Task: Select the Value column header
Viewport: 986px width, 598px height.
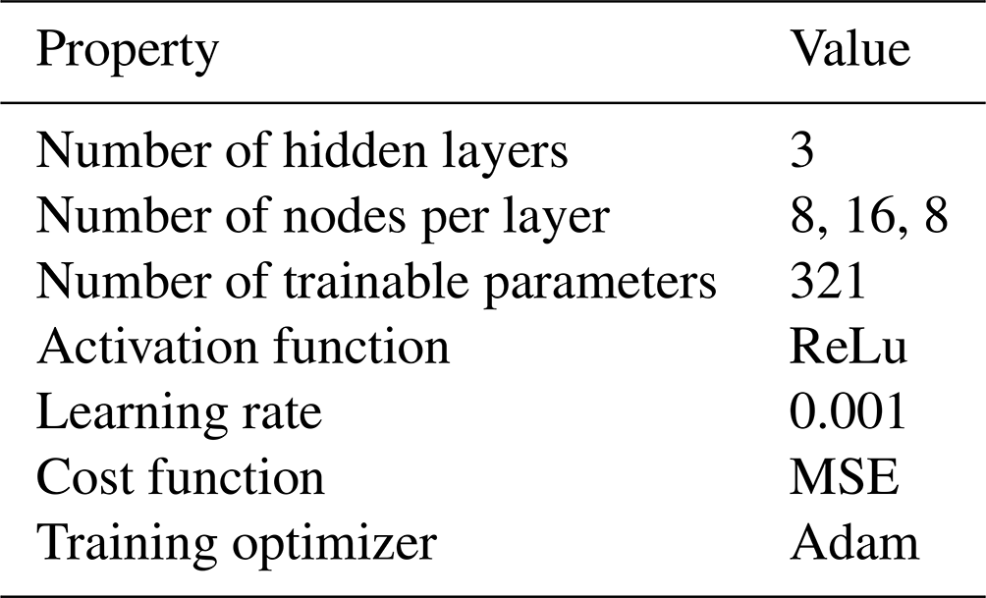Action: (x=849, y=48)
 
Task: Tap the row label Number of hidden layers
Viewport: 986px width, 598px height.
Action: (x=302, y=151)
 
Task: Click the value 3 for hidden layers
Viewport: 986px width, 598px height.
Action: (x=801, y=150)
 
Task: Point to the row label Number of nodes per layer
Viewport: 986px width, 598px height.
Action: (x=323, y=218)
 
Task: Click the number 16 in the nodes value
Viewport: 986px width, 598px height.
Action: (x=870, y=217)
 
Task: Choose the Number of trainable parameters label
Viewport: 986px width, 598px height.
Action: (x=377, y=283)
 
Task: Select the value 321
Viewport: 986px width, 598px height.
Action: (x=828, y=281)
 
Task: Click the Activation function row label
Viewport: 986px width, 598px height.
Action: (x=244, y=346)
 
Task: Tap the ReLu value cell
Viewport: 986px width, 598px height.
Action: (x=849, y=347)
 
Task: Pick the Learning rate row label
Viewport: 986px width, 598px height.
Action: (x=179, y=413)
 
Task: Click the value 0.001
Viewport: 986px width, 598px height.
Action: (x=848, y=411)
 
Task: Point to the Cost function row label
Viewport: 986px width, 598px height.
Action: (x=181, y=477)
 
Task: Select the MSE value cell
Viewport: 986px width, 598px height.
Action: (x=844, y=477)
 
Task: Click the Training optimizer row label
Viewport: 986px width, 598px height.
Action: (x=237, y=544)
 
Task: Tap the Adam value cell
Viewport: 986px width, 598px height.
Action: (x=854, y=543)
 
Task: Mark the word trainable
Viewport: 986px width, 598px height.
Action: (x=376, y=281)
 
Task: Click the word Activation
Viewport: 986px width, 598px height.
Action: (x=149, y=346)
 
